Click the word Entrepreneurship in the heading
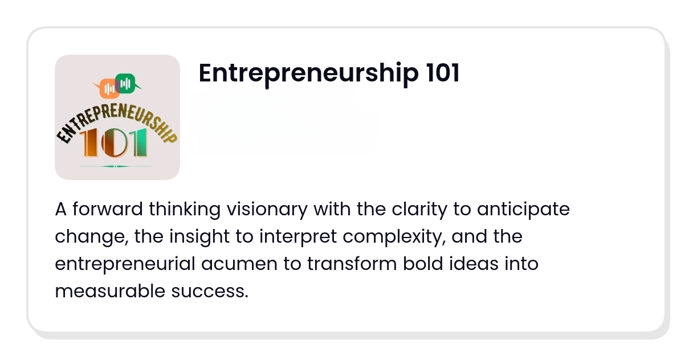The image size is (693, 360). click(x=309, y=73)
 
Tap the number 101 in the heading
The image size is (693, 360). click(x=443, y=73)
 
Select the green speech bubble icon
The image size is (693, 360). click(x=127, y=83)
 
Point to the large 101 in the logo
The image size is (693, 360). click(x=113, y=143)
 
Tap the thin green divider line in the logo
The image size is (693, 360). click(x=116, y=166)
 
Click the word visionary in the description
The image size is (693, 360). click(x=267, y=210)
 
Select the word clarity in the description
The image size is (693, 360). click(x=419, y=210)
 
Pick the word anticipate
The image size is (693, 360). click(x=523, y=210)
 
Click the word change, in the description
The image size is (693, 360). click(x=92, y=237)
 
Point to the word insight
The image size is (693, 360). click(x=199, y=237)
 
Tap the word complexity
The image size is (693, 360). click(x=394, y=237)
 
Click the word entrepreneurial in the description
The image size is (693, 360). click(x=125, y=264)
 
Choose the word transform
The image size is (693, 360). click(x=352, y=264)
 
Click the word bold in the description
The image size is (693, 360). click(x=423, y=264)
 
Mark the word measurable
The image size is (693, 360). click(x=110, y=291)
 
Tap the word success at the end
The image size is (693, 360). click(x=210, y=292)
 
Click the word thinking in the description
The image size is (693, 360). click(x=185, y=210)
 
